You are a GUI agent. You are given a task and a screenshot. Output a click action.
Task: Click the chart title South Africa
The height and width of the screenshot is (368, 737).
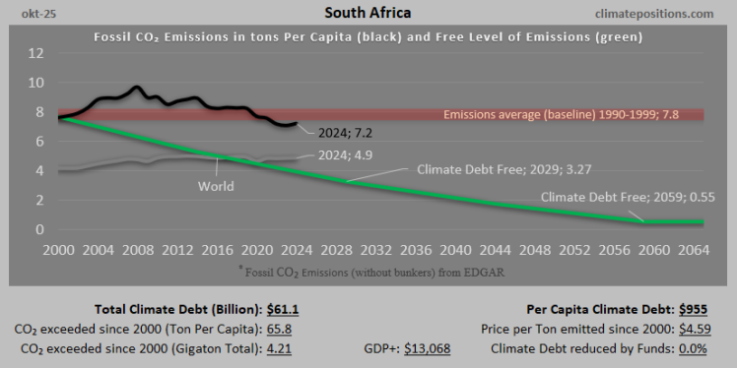pos(368,14)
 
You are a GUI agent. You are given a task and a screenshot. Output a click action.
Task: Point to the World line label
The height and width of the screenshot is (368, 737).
pos(217,186)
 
